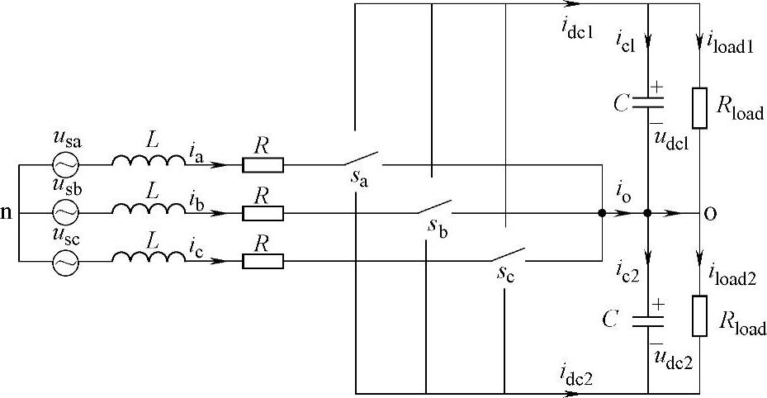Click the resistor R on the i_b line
(x=263, y=213)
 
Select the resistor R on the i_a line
(x=263, y=164)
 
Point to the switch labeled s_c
(x=509, y=256)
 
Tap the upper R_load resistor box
(x=700, y=107)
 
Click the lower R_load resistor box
(x=700, y=315)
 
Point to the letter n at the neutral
(x=7, y=214)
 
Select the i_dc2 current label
(x=575, y=377)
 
